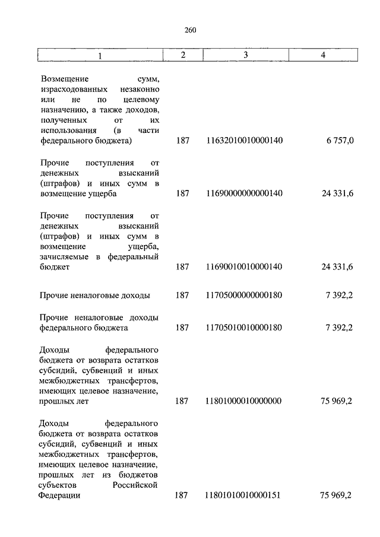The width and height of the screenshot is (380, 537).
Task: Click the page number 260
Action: point(190,30)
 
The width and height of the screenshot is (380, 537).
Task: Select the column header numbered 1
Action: point(100,55)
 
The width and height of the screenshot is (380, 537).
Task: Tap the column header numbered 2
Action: point(183,55)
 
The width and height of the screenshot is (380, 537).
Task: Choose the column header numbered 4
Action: point(322,55)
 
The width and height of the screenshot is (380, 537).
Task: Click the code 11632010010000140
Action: point(244,141)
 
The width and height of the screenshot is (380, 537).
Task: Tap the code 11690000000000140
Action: point(244,193)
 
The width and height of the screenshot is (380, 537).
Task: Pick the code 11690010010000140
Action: point(244,268)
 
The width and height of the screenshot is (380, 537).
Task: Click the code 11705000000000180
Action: point(244,295)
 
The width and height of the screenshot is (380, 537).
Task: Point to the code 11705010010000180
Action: point(244,328)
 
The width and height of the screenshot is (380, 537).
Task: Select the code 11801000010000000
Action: point(244,401)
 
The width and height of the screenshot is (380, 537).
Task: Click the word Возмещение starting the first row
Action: point(65,78)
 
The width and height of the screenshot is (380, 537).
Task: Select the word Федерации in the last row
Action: point(60,496)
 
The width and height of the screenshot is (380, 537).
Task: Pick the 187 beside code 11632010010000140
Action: point(183,141)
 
